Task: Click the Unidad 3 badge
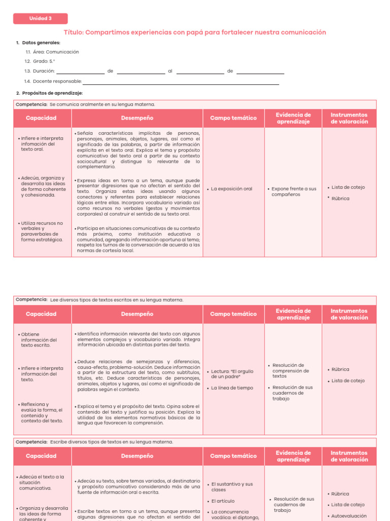click(40, 19)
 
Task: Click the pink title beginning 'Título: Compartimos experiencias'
click(195, 33)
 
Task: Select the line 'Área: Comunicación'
click(52, 52)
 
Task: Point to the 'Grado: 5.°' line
click(40, 62)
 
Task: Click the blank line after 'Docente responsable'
click(181, 82)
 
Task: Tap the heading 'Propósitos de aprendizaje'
click(49, 93)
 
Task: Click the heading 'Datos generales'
click(41, 43)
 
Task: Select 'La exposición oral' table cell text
click(231, 189)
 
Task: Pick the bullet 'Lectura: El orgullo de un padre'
click(232, 374)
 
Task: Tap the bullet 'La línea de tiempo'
click(232, 388)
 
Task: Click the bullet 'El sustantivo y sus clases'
click(232, 487)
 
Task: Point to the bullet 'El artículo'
click(223, 501)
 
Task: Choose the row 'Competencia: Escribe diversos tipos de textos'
click(95, 442)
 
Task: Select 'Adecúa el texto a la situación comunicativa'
click(42, 482)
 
